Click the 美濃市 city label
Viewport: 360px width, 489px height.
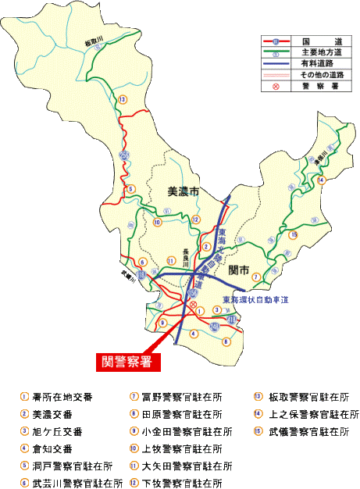184,191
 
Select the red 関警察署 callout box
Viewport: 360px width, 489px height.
124,361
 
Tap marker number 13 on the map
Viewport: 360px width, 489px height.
122,100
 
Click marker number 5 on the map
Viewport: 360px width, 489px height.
132,188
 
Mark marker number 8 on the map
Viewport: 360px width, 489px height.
226,341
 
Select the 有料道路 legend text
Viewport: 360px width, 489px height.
323,62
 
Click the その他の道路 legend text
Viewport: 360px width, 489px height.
323,73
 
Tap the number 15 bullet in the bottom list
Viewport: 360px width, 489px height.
257,431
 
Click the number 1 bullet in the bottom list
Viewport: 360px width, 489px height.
25,397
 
